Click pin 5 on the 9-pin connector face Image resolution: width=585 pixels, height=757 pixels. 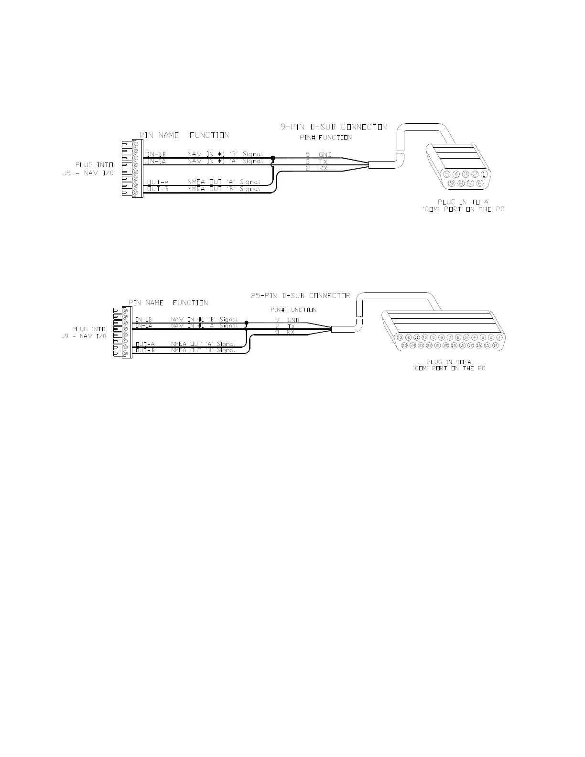(446, 174)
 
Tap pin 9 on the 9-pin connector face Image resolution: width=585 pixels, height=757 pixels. (451, 184)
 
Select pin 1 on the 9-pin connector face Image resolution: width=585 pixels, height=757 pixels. (485, 174)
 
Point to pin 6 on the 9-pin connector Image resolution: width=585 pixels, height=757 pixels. (480, 184)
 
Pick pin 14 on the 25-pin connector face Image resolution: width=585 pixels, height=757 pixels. (496, 345)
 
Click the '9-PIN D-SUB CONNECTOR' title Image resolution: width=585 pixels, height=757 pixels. (334, 127)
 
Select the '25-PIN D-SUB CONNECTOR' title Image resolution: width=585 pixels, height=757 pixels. (300, 295)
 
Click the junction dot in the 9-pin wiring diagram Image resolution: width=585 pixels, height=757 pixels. (273, 157)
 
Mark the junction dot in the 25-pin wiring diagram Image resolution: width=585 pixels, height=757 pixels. (246, 323)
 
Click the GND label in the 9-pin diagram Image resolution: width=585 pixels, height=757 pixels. (325, 155)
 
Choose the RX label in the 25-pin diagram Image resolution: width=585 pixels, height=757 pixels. (291, 332)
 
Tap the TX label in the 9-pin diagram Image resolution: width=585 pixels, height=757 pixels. (323, 162)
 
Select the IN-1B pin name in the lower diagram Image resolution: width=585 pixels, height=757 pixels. (144, 319)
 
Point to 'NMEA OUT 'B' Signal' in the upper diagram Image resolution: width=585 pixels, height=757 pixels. (224, 189)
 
